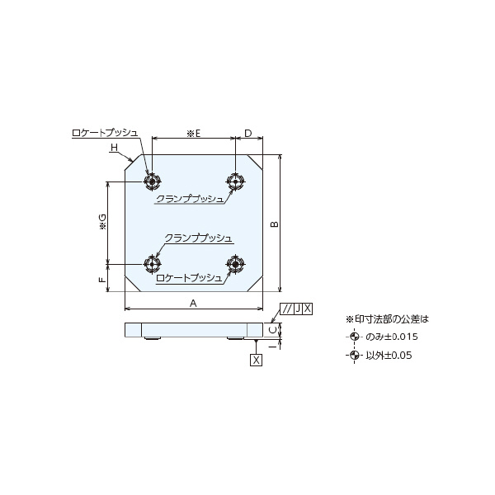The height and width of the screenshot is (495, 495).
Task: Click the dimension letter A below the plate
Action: pos(193,304)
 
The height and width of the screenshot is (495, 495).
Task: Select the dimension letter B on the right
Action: pos(276,224)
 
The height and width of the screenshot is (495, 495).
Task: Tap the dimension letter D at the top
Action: pos(248,133)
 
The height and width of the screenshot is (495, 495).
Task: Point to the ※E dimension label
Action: pos(194,134)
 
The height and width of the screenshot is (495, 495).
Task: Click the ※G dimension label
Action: pos(103,222)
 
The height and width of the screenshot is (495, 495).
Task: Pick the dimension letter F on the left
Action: pos(102,280)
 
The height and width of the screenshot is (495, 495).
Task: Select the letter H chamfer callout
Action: pos(114,148)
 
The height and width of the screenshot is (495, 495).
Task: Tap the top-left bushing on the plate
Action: pos(153,181)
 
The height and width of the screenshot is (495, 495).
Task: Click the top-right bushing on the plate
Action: pos(235,181)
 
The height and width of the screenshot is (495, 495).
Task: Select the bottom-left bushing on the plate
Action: pos(153,264)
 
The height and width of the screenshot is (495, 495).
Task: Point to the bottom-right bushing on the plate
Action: pos(235,264)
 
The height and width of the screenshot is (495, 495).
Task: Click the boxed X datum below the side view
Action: pos(256,360)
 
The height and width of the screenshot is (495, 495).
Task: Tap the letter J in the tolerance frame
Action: pos(298,309)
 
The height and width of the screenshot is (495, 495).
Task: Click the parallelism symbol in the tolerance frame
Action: pos(287,309)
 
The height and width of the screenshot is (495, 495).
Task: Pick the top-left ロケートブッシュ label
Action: pos(105,133)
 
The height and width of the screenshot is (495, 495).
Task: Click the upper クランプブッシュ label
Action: pos(190,199)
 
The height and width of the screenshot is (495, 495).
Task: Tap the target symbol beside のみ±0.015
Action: pos(354,337)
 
